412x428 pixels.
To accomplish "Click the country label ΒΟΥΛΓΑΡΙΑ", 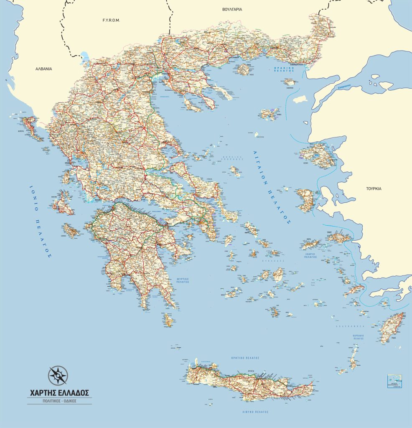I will [233, 9].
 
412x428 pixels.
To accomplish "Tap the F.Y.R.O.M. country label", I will [111, 20].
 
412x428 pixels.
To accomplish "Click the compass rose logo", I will [58, 375].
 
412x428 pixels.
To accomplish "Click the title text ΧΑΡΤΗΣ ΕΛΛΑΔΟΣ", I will [59, 393].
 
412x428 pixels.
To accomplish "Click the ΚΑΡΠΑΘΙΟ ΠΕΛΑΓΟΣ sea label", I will [358, 337].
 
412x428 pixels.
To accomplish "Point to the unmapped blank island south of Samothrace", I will [300, 99].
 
